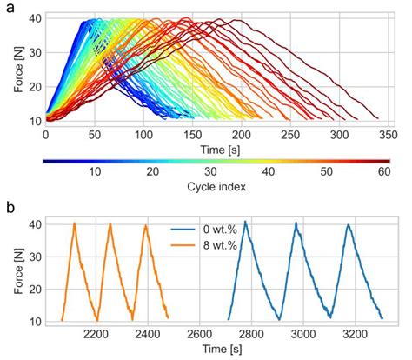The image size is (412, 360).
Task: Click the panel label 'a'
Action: pos(10,8)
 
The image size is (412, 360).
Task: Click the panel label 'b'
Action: pos(10,209)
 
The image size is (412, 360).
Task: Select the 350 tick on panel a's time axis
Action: pos(388,136)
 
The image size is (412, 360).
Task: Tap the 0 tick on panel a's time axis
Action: pos(45,136)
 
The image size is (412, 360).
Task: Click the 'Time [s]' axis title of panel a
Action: pos(216,150)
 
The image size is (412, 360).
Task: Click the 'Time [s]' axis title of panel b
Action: pos(216,349)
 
